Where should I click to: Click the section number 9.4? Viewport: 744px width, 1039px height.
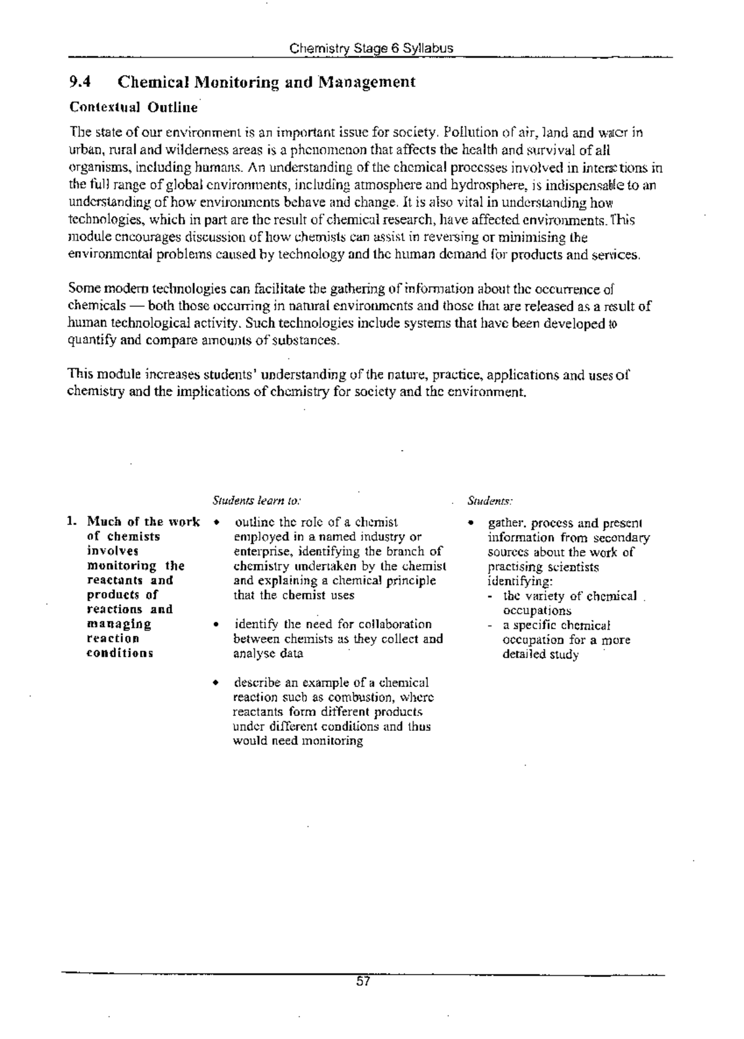[x=80, y=82]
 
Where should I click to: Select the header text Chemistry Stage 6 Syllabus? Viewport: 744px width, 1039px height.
[x=371, y=48]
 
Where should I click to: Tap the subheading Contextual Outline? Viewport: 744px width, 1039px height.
[x=133, y=108]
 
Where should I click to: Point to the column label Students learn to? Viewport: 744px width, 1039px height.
[x=257, y=500]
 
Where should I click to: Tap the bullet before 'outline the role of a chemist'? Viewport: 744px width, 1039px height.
[x=215, y=522]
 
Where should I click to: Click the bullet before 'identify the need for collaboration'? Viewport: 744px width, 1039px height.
[x=215, y=625]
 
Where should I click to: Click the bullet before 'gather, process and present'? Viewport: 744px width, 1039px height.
[x=471, y=523]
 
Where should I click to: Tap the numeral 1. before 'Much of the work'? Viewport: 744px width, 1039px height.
[x=73, y=522]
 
